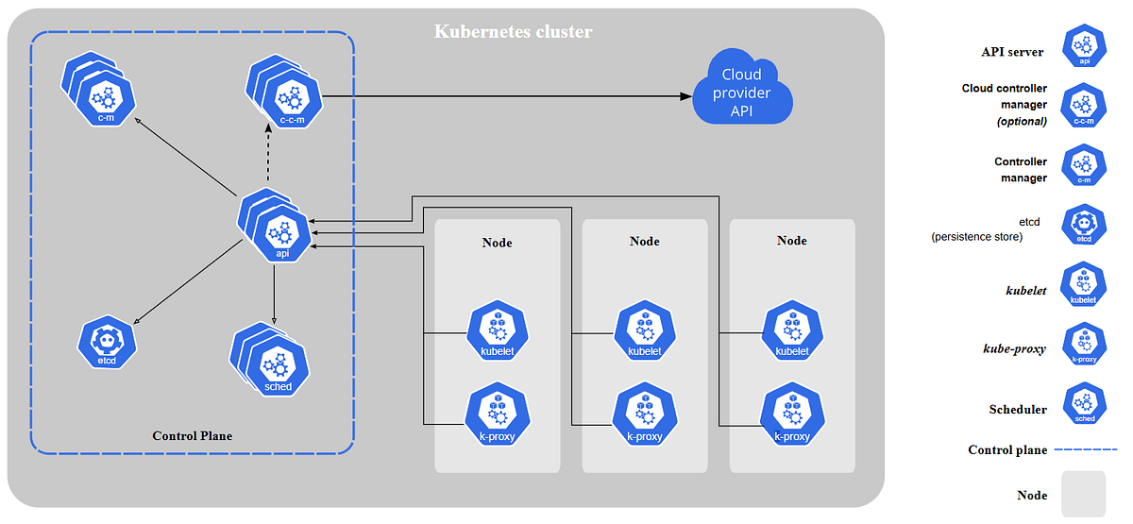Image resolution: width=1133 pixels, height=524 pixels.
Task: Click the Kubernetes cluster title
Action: pyautogui.click(x=513, y=31)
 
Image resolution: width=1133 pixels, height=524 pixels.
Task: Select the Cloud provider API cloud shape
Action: pyautogui.click(x=741, y=93)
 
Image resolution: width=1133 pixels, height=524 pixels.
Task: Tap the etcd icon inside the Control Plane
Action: pyautogui.click(x=107, y=342)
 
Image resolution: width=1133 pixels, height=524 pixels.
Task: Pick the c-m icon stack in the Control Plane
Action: pyautogui.click(x=102, y=92)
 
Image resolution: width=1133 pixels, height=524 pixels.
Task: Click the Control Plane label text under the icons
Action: pyautogui.click(x=192, y=435)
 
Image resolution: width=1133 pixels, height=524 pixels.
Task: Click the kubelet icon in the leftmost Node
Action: pyautogui.click(x=497, y=332)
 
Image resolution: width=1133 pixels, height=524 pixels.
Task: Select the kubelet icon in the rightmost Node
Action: pyautogui.click(x=791, y=332)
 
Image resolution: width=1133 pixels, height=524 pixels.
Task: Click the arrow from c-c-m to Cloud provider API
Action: pyautogui.click(x=500, y=95)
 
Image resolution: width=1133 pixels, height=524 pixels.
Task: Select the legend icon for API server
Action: pyautogui.click(x=1085, y=45)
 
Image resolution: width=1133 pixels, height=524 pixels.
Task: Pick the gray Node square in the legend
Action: pyautogui.click(x=1083, y=494)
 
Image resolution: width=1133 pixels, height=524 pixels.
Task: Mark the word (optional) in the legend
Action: pyautogui.click(x=1022, y=121)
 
